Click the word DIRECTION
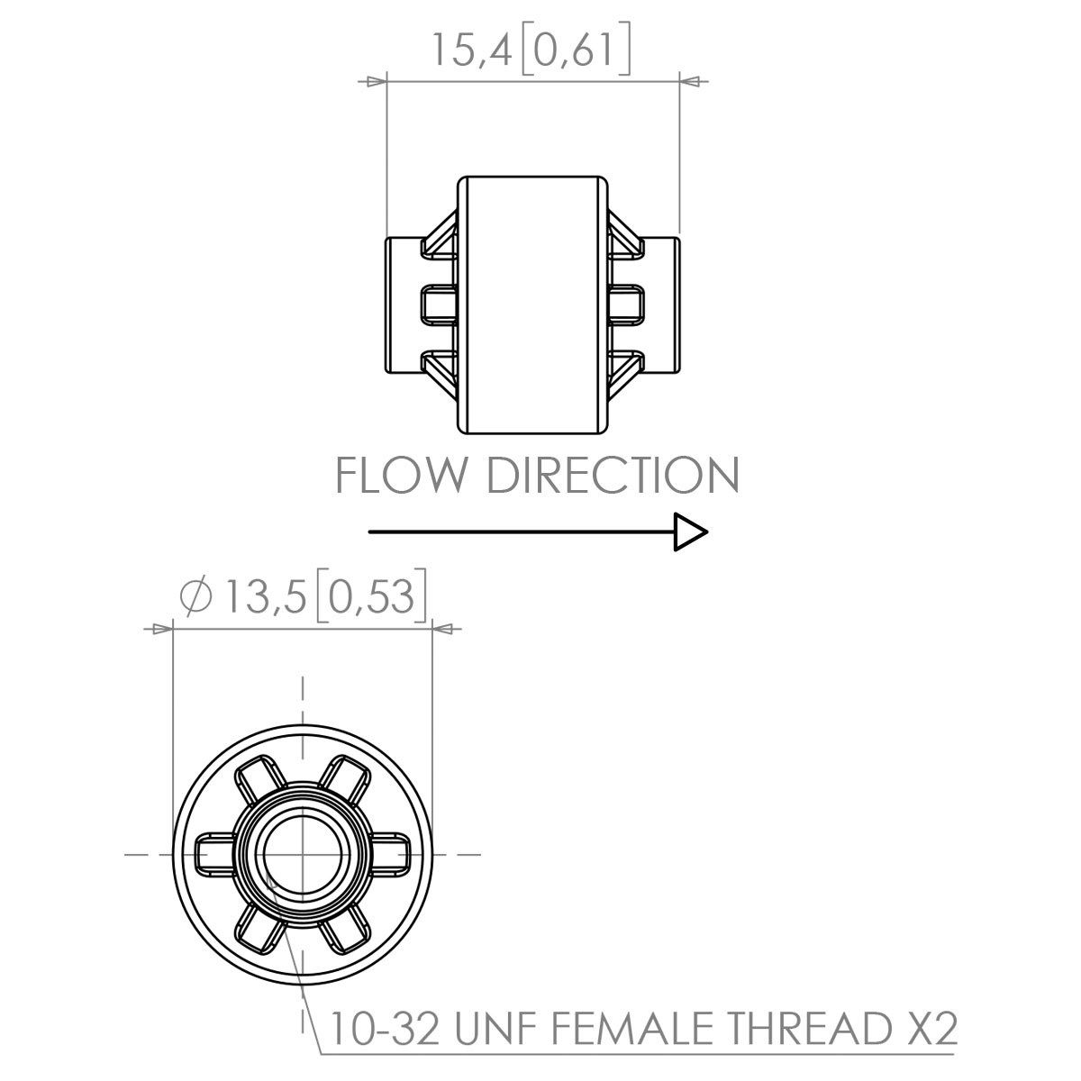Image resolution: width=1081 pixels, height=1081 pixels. (613, 476)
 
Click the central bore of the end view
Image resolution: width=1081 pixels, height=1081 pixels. (302, 852)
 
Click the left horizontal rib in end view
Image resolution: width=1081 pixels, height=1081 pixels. (214, 852)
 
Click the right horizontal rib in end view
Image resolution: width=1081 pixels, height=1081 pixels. (389, 852)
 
